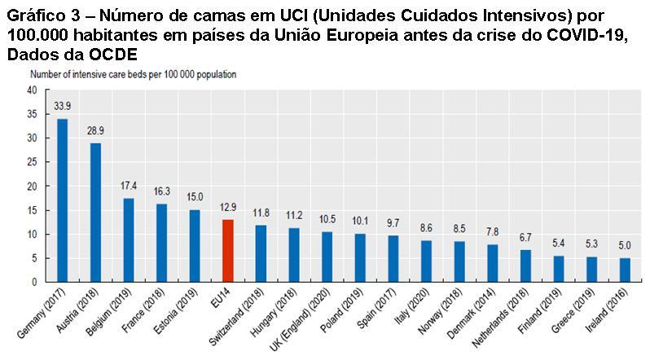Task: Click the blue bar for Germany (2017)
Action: coord(62,200)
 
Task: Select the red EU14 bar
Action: coord(227,250)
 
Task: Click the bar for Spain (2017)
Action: coord(393,258)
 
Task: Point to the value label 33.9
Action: coord(62,106)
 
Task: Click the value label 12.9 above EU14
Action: coord(227,208)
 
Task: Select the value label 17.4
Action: coord(129,187)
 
